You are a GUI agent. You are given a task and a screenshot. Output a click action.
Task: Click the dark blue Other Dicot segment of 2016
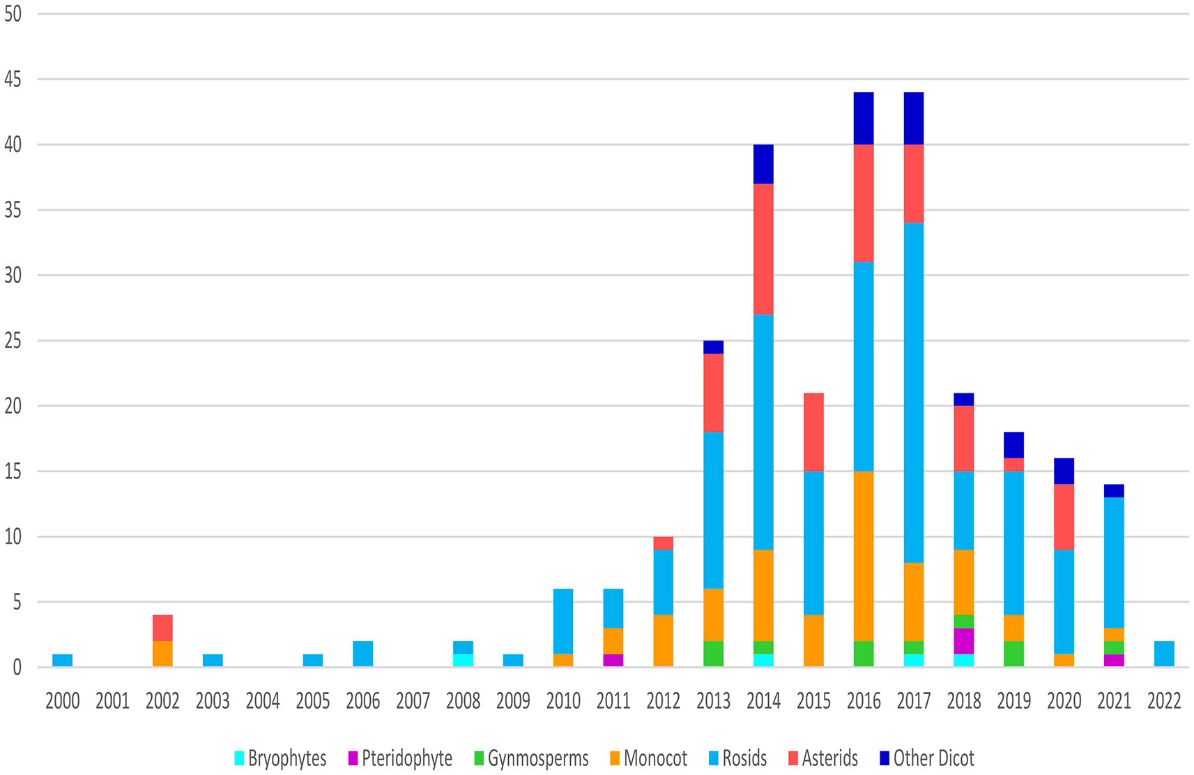[x=863, y=119]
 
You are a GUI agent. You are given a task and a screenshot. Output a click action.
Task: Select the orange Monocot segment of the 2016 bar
[x=863, y=556]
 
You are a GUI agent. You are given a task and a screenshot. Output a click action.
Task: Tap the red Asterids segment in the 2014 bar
[x=763, y=249]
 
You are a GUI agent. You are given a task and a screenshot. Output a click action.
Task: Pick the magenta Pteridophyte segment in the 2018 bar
[x=963, y=641]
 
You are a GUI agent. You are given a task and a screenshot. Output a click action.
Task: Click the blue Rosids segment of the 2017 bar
[x=913, y=393]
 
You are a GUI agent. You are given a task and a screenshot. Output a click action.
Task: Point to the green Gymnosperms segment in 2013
[x=713, y=654]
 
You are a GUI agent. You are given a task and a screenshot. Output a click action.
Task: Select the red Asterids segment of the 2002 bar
[x=162, y=628]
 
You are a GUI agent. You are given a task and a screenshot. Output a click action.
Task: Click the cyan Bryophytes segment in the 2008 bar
[x=463, y=660]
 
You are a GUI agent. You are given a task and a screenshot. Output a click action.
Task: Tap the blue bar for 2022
[x=1163, y=654]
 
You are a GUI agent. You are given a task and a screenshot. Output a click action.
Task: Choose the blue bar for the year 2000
[x=63, y=660]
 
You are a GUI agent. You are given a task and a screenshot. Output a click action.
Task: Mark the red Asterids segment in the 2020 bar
[x=1064, y=517]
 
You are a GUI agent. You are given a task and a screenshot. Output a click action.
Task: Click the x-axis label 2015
[x=813, y=700]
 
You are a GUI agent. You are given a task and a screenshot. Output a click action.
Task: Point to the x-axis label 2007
[x=413, y=700]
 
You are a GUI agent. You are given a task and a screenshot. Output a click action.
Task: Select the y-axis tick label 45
[x=13, y=80]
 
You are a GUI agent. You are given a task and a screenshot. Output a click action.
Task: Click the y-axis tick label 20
[x=13, y=406]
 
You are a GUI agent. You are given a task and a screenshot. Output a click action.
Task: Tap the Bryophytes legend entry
[x=280, y=758]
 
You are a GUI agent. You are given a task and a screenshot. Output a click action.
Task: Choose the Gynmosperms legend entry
[x=531, y=758]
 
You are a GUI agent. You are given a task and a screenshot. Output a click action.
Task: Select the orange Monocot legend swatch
[x=615, y=758]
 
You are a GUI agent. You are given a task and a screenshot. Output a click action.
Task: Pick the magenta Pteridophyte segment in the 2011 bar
[x=613, y=660]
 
